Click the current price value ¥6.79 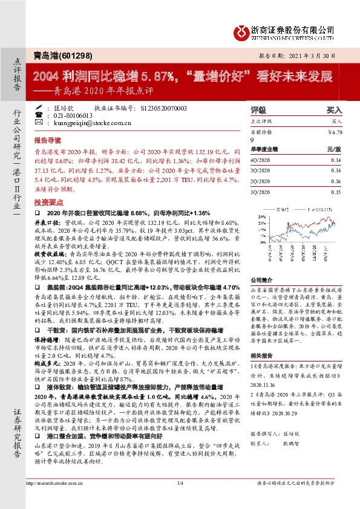(335, 132)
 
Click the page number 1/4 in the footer (180, 499)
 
